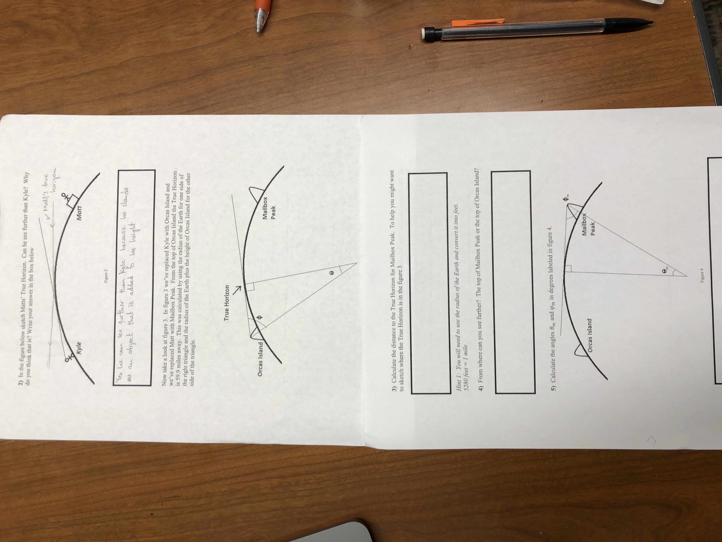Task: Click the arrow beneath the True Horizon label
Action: pos(238,289)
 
